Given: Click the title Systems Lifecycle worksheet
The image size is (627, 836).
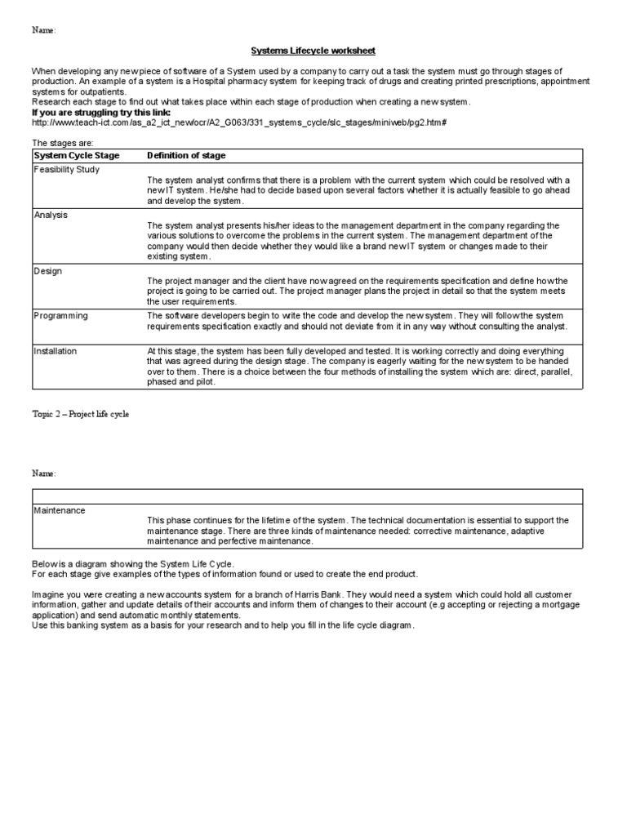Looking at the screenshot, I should click(313, 51).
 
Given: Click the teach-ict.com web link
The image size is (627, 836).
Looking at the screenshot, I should click(239, 122).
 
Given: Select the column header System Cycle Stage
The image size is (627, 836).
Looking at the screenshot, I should click(77, 156).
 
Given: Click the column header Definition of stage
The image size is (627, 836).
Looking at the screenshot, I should click(186, 156).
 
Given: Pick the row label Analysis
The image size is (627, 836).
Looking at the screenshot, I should click(51, 215).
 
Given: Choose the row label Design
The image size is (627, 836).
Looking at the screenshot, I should click(48, 271).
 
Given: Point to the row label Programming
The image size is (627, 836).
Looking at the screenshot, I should click(60, 315).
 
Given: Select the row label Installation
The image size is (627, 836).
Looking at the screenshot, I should click(56, 351).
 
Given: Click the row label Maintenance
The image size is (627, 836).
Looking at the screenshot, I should click(59, 510).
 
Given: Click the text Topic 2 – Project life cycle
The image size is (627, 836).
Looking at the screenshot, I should click(80, 414).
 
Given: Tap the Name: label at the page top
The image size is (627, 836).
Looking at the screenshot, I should click(44, 30).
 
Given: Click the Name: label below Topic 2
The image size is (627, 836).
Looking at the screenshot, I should click(44, 474).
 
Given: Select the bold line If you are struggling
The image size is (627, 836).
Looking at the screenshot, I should click(100, 112).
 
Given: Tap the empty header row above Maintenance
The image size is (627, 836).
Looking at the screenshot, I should click(307, 496).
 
